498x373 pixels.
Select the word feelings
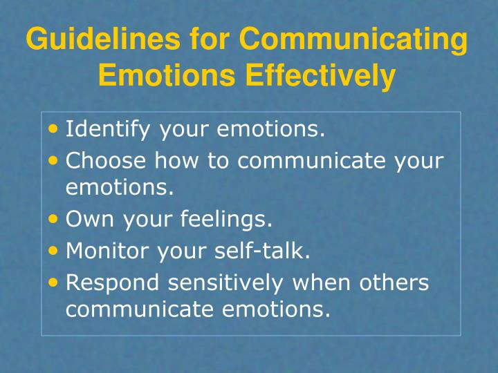pos(228,221)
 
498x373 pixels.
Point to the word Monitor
pos(106,251)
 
